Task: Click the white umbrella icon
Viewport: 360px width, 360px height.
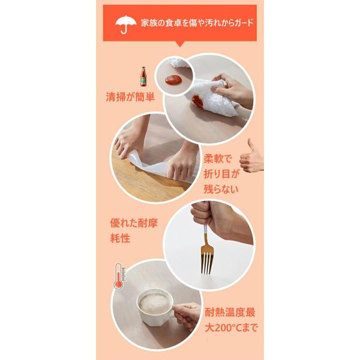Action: (125, 23)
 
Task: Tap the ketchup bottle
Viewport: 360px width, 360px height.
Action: (143, 76)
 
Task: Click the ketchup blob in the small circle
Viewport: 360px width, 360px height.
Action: (173, 80)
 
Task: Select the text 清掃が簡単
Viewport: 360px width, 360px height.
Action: (130, 97)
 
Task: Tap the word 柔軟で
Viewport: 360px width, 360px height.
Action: (218, 158)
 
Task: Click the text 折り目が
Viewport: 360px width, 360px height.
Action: (221, 174)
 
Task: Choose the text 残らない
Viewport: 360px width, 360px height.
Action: (221, 189)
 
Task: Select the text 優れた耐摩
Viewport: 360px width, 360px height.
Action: (134, 223)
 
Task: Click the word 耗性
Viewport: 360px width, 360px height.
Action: (120, 238)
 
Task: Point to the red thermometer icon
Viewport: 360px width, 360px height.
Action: (120, 276)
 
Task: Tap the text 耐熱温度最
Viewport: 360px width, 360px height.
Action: (230, 313)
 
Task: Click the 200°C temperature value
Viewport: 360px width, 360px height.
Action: (226, 328)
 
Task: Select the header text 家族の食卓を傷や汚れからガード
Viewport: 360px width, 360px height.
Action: (197, 23)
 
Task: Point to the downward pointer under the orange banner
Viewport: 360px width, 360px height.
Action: (180, 44)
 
